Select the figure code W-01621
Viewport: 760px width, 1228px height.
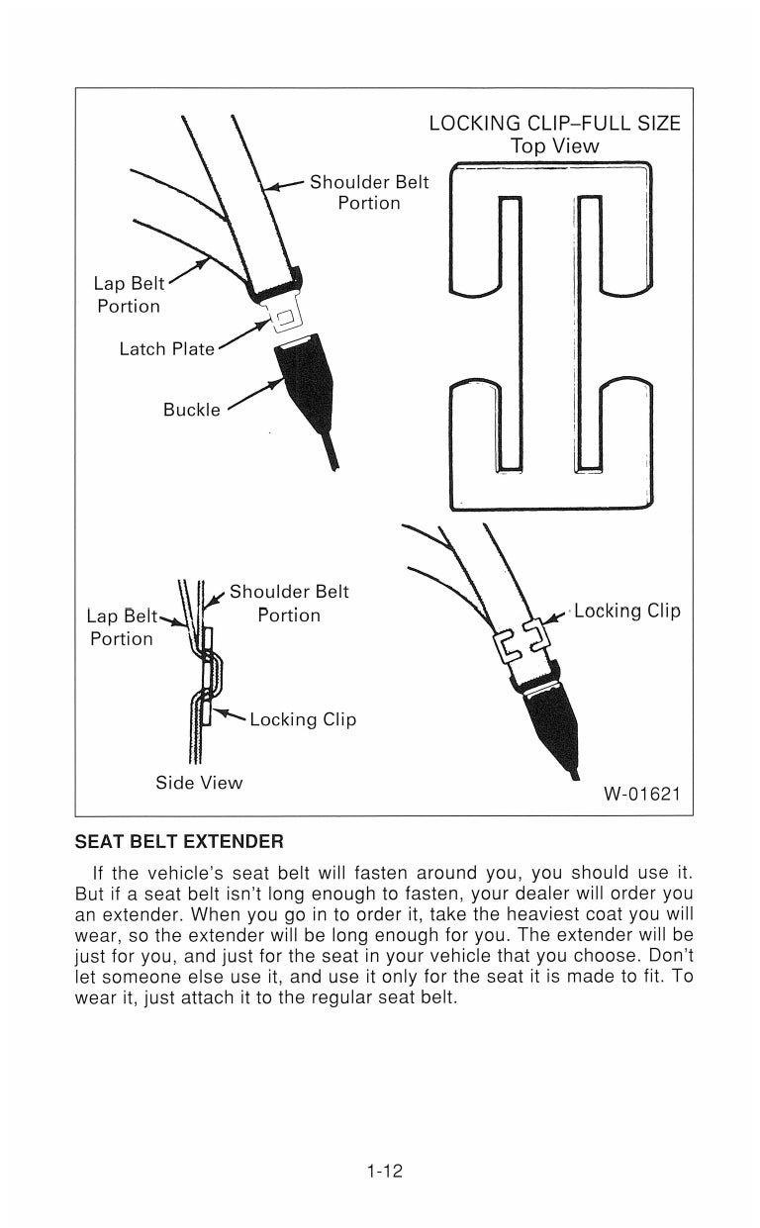(641, 794)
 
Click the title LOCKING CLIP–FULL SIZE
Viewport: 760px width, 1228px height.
(554, 124)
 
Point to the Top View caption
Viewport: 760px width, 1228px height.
(554, 146)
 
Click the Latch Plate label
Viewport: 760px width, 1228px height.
(166, 349)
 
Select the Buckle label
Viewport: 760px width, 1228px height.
(192, 410)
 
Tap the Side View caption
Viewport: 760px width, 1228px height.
(199, 783)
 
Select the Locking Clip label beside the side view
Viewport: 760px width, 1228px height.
(303, 719)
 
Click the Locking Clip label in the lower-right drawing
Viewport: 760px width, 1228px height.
(627, 611)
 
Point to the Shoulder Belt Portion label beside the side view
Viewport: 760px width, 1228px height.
(289, 604)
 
